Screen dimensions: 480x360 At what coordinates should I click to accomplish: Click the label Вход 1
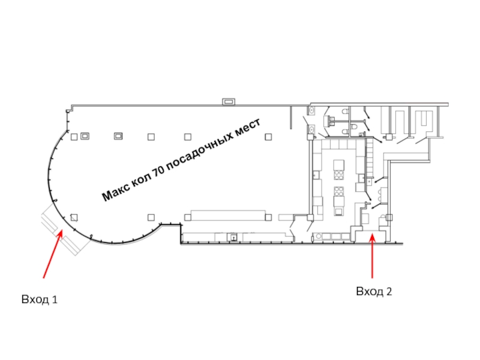40,299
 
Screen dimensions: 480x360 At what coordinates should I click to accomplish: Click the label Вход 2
374,292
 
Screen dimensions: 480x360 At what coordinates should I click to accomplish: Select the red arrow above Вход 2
373,256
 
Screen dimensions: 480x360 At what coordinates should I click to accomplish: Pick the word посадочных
199,153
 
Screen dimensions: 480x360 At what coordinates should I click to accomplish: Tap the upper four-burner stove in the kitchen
339,175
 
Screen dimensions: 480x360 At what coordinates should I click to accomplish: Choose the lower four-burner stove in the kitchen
339,193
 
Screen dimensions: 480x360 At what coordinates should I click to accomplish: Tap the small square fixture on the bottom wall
232,238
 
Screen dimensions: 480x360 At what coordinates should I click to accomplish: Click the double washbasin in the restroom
331,121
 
